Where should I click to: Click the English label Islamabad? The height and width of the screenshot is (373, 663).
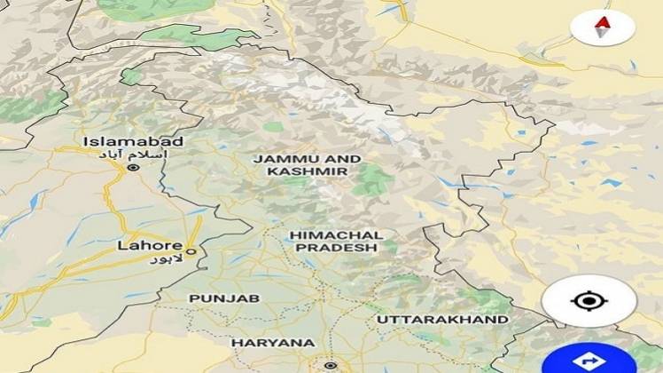click(133, 141)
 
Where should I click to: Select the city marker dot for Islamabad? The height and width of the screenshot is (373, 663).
click(134, 167)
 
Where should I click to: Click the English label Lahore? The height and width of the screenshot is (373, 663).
click(151, 245)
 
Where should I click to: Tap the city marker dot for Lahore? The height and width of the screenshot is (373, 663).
click(190, 251)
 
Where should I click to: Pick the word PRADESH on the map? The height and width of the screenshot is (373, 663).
click(336, 248)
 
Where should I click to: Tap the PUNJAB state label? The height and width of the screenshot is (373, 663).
click(224, 298)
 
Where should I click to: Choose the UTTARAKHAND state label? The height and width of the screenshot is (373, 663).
click(442, 319)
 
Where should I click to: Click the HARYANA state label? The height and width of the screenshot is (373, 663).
click(273, 342)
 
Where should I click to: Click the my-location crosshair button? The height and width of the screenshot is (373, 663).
click(587, 300)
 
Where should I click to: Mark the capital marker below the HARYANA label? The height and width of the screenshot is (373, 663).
click(330, 365)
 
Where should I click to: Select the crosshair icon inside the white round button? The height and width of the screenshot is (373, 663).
click(587, 300)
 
